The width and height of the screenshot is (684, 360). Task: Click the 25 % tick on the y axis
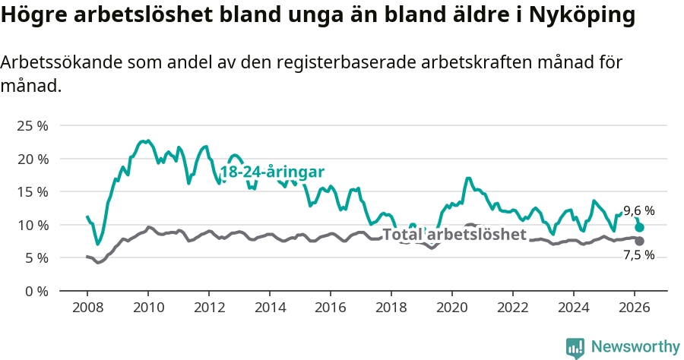pyautogui.click(x=33, y=125)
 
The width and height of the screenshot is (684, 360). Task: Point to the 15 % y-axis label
pyautogui.click(x=33, y=191)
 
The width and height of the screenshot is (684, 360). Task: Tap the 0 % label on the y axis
pyautogui.click(x=36, y=291)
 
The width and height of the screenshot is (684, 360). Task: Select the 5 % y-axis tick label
pyautogui.click(x=36, y=257)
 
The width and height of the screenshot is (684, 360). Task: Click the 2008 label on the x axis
pyautogui.click(x=87, y=308)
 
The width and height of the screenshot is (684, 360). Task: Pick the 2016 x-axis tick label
pyautogui.click(x=331, y=308)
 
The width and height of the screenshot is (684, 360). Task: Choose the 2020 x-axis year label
pyautogui.click(x=452, y=308)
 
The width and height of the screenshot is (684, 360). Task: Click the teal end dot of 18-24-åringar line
pyautogui.click(x=640, y=227)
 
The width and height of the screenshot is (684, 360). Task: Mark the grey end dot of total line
pyautogui.click(x=640, y=241)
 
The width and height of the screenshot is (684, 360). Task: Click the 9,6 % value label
pyautogui.click(x=639, y=211)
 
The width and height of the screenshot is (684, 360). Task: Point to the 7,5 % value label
pyautogui.click(x=639, y=255)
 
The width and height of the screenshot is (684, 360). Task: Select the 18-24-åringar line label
pyautogui.click(x=272, y=172)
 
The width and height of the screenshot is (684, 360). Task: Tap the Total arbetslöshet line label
pyautogui.click(x=454, y=235)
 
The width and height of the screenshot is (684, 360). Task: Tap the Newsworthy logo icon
pyautogui.click(x=575, y=347)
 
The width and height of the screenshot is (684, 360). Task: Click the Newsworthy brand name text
pyautogui.click(x=635, y=347)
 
